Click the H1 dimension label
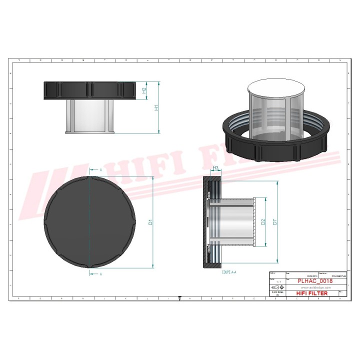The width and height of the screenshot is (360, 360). (155, 107)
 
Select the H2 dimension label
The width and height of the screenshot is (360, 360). (144, 90)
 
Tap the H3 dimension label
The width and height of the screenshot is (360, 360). (216, 168)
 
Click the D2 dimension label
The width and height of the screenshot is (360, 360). (263, 222)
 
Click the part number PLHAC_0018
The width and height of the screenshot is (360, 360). (314, 281)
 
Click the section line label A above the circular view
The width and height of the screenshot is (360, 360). (101, 170)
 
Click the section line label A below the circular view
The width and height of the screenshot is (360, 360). (101, 274)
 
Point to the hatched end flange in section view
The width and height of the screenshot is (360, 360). (255, 222)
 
